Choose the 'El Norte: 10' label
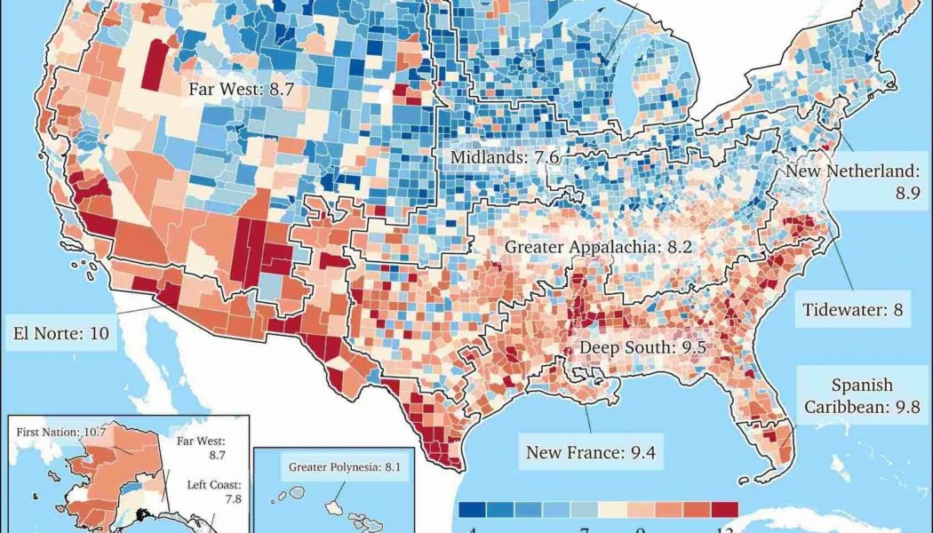coord(60,334)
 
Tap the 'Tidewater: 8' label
coord(852,311)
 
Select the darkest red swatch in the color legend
coord(724,509)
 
